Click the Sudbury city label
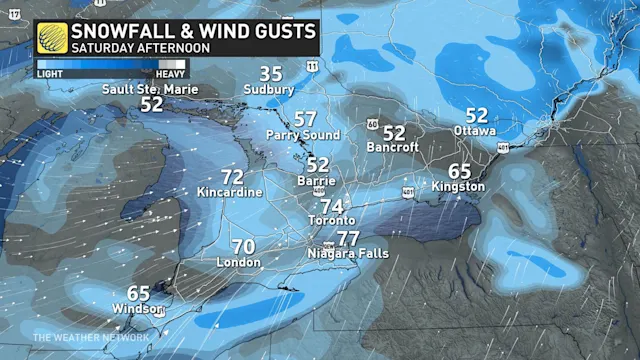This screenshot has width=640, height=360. coord(269,90)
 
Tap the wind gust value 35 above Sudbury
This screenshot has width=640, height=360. coord(271,74)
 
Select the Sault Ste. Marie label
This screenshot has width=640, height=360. coord(151,89)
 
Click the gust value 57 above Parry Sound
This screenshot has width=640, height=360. coord(305,119)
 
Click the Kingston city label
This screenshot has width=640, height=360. coord(459,186)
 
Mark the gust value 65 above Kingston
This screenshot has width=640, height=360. coord(459,171)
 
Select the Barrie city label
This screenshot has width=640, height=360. coord(316,181)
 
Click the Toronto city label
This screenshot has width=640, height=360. coord(332,220)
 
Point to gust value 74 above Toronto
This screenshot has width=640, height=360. coord(331,205)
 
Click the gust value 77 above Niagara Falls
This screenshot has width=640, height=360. coord(348,239)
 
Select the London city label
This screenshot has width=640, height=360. coord(239,263)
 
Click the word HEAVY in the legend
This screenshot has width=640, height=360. coord(169,73)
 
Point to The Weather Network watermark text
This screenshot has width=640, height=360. coord(91,338)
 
